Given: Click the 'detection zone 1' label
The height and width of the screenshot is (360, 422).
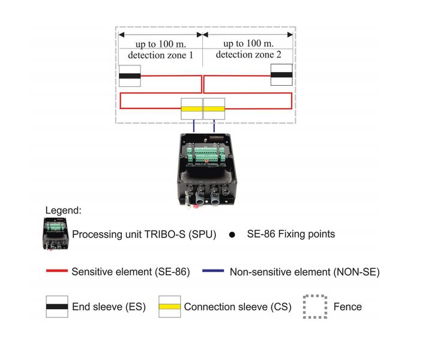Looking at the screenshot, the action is click(x=160, y=55).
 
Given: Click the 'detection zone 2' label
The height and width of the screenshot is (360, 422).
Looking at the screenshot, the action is click(x=249, y=55).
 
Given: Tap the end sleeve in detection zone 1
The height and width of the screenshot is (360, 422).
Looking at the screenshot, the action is click(x=130, y=76).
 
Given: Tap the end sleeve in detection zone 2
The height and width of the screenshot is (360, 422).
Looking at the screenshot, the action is click(x=282, y=75).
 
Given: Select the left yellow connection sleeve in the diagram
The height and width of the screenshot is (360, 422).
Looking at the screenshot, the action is click(x=191, y=109).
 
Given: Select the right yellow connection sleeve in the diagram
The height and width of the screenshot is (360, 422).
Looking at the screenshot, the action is click(x=214, y=109).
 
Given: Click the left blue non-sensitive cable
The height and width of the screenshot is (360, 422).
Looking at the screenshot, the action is click(x=194, y=126).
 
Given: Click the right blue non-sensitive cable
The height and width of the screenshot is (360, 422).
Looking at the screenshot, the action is click(x=214, y=126).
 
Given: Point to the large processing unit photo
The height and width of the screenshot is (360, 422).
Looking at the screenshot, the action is click(x=207, y=170).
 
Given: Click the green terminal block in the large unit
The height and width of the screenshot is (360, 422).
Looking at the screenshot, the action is click(x=206, y=155).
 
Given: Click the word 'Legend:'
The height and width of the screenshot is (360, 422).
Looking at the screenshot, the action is click(x=63, y=211).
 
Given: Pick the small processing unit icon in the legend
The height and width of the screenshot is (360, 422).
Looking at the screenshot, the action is click(x=56, y=234).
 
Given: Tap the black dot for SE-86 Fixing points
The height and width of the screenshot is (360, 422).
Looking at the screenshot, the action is click(x=232, y=235).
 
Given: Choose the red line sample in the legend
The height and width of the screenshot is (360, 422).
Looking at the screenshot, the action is click(x=57, y=271).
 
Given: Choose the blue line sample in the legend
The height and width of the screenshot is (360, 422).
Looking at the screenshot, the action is click(x=213, y=271).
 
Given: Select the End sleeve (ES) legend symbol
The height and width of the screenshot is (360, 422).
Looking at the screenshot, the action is click(x=57, y=307).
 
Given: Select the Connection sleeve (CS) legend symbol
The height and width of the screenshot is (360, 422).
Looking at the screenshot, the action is click(x=169, y=307).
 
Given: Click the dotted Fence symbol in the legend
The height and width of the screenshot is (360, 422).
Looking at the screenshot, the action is click(x=315, y=307).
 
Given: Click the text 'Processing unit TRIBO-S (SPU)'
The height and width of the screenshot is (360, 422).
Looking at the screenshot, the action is click(x=144, y=235).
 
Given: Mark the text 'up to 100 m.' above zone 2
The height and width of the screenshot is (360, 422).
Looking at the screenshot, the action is click(x=249, y=43).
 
